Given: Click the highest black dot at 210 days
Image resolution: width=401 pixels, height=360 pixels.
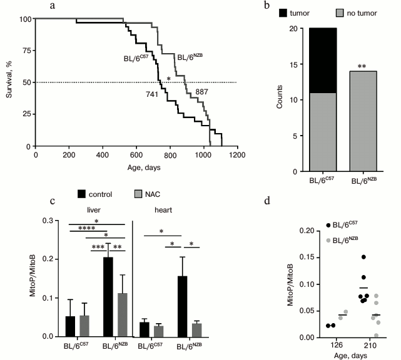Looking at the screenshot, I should point(363,257).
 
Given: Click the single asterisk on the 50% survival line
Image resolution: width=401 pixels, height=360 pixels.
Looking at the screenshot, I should point(168,78).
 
